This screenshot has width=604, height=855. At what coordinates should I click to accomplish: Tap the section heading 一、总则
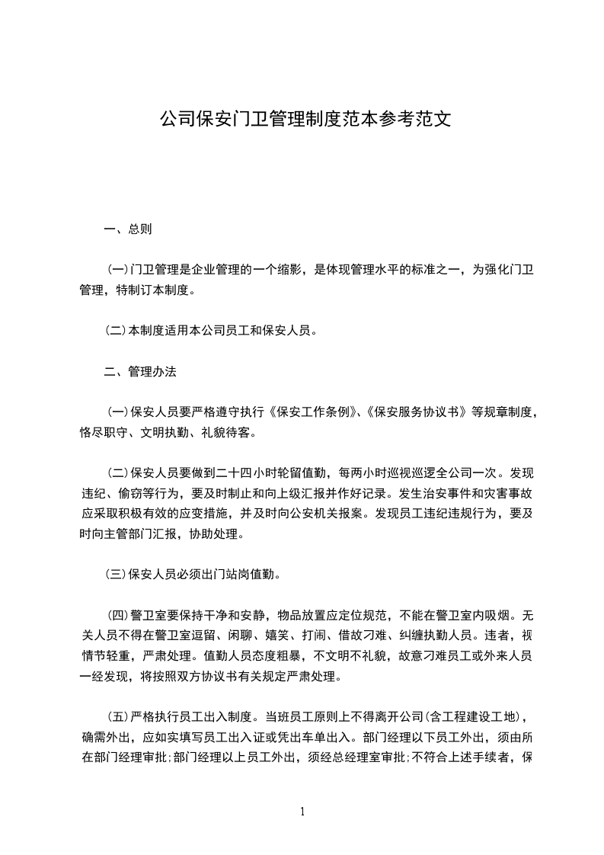(127, 229)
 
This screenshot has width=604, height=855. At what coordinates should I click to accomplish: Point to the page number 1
(302, 811)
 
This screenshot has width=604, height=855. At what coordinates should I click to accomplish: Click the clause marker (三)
(116, 575)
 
